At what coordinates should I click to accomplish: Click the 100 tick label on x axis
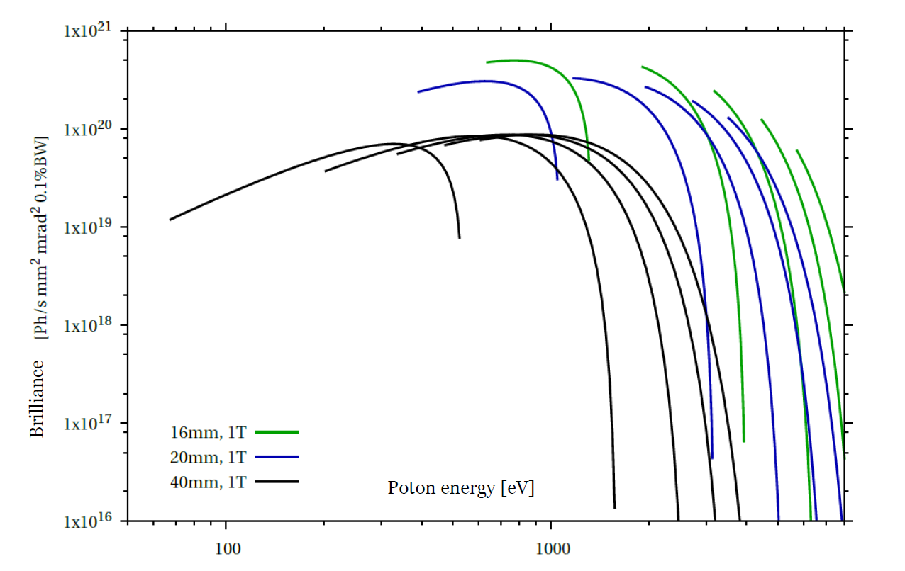226,548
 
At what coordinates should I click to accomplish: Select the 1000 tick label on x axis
551,548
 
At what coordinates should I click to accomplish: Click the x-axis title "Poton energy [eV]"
460,488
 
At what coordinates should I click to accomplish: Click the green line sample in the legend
277,431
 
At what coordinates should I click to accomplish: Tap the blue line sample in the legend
277,457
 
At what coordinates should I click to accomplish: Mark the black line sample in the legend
277,482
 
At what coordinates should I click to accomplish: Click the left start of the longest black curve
170,220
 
